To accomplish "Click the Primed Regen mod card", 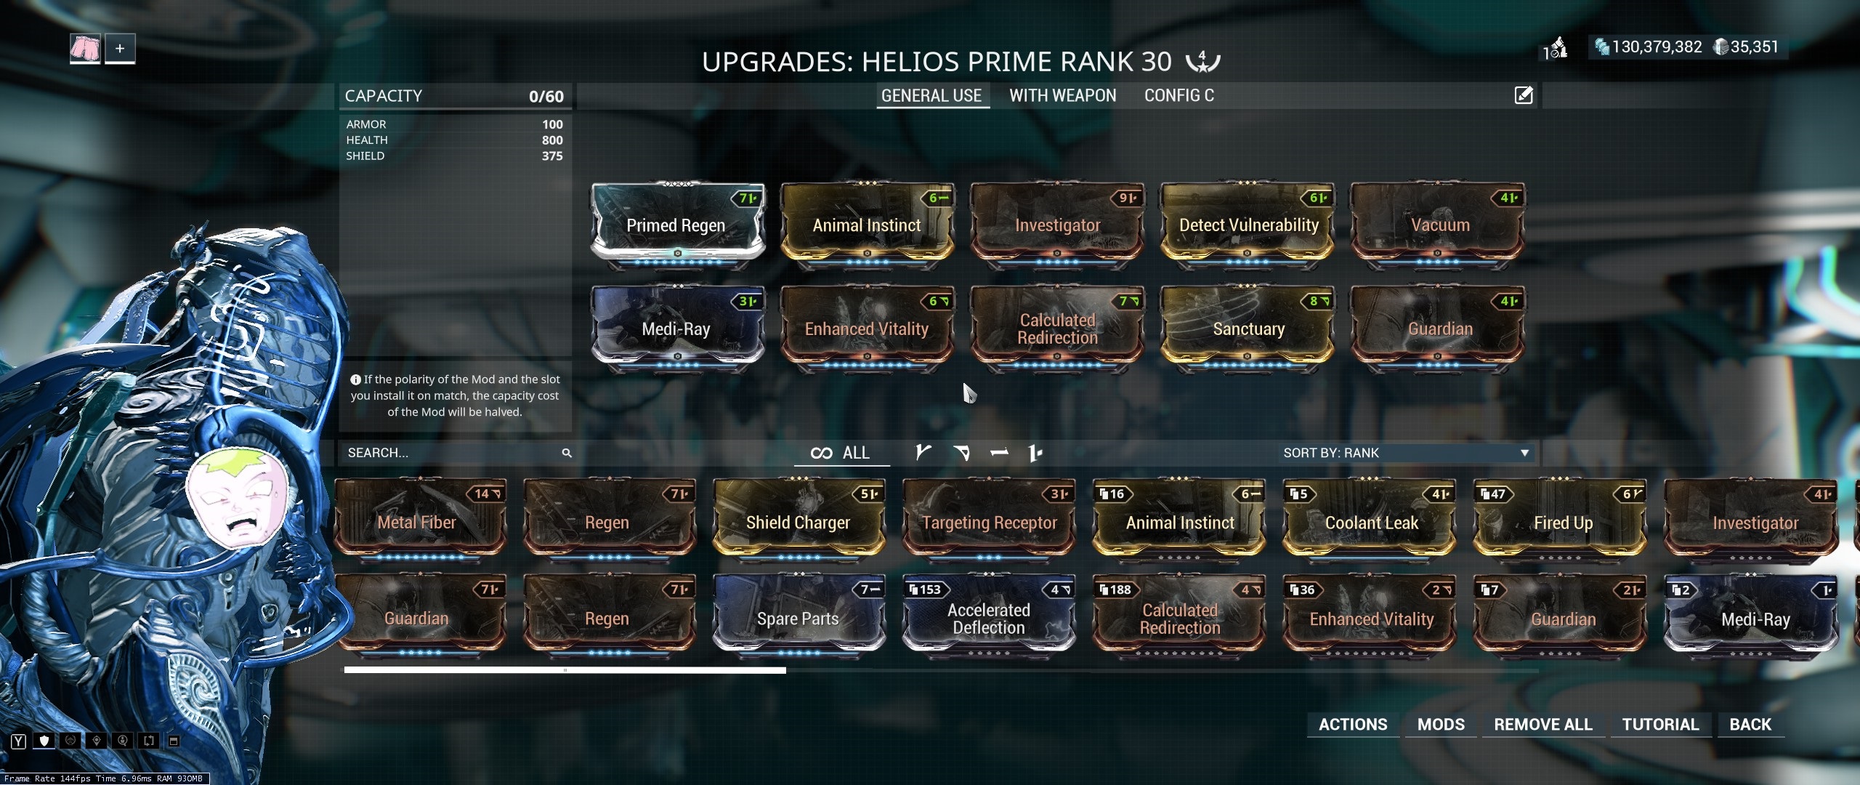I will tap(676, 225).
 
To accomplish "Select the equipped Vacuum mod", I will tap(1439, 225).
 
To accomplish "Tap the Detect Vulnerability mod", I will tap(1248, 225).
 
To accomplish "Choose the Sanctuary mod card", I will tap(1248, 329).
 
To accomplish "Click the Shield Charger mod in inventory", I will tap(798, 523).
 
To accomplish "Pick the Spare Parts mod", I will tap(798, 619).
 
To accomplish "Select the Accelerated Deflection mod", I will tap(988, 619).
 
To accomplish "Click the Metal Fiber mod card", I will tap(417, 523).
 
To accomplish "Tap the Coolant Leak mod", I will tap(1370, 523).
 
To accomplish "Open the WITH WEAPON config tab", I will tap(1062, 96).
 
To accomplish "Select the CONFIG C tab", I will tap(1178, 96).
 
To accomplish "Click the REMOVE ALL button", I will tap(1543, 725).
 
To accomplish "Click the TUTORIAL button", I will tap(1660, 725).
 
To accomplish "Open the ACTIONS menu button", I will tap(1353, 725).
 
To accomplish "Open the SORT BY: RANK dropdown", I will tap(1406, 453).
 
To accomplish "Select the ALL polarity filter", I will tap(841, 453).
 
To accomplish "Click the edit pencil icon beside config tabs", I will tap(1524, 95).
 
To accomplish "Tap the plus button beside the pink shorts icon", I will tap(120, 49).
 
